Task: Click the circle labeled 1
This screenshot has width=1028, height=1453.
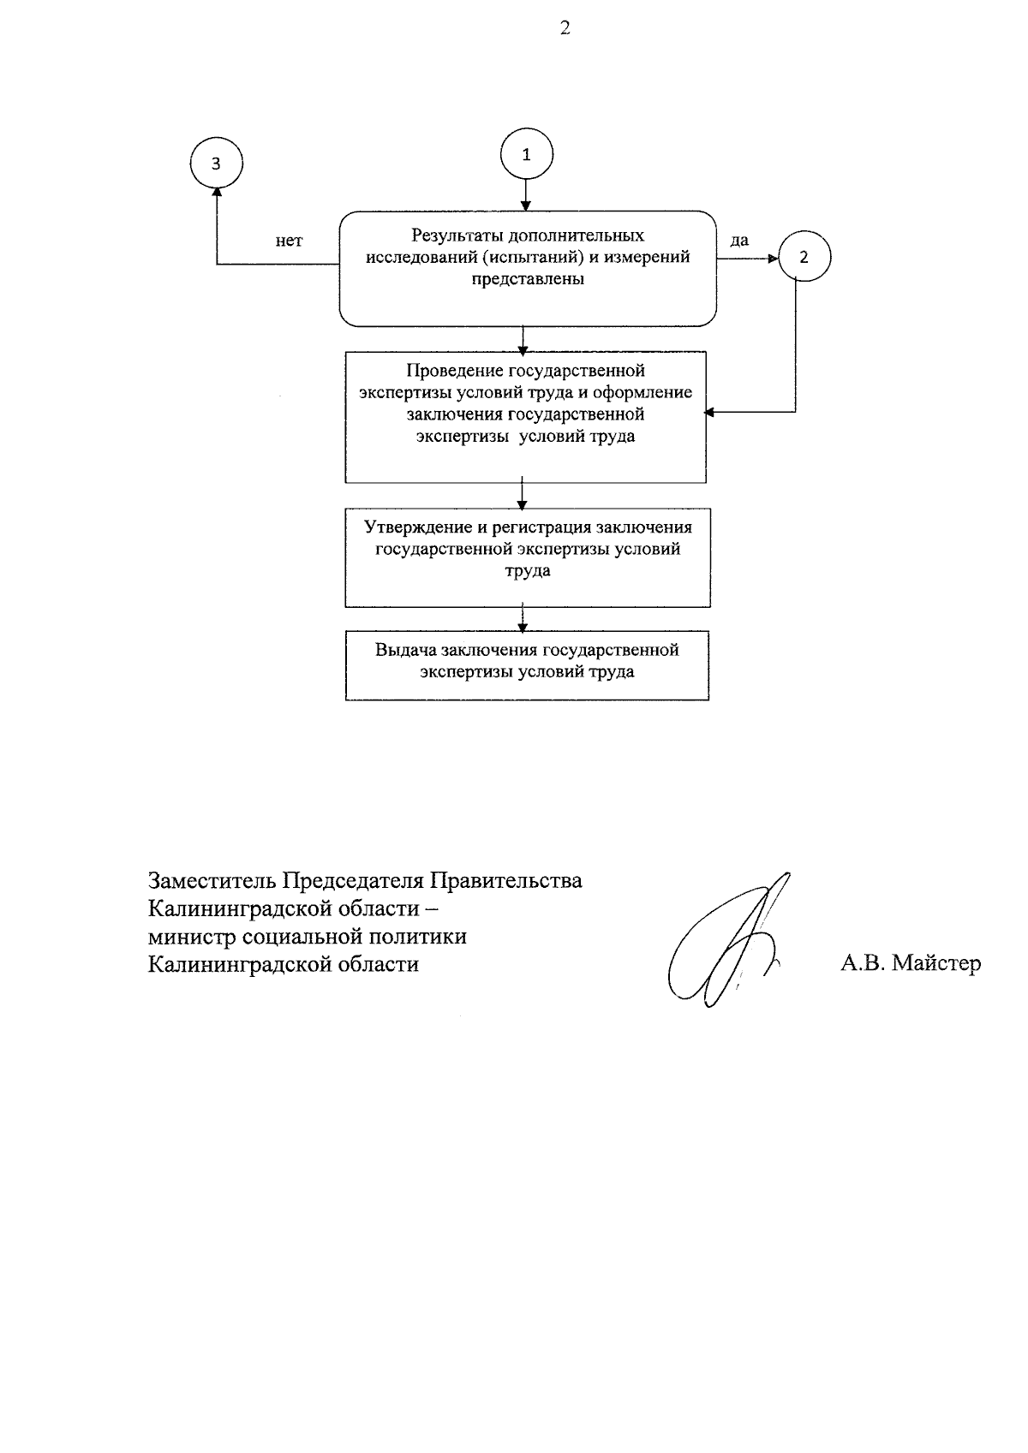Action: coord(526,155)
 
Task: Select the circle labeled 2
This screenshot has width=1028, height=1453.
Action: coord(804,257)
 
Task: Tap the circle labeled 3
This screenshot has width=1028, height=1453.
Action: coord(216,164)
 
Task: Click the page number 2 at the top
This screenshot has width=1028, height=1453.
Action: coord(565,28)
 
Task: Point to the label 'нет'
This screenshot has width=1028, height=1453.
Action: coord(289,241)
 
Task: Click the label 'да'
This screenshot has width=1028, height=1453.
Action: coord(739,241)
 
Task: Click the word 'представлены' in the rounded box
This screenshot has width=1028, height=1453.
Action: coord(528,279)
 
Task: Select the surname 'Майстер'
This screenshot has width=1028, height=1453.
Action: coord(936,963)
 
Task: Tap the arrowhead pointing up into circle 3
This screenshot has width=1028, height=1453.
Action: coord(216,197)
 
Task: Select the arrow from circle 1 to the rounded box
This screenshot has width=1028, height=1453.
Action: coord(526,195)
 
